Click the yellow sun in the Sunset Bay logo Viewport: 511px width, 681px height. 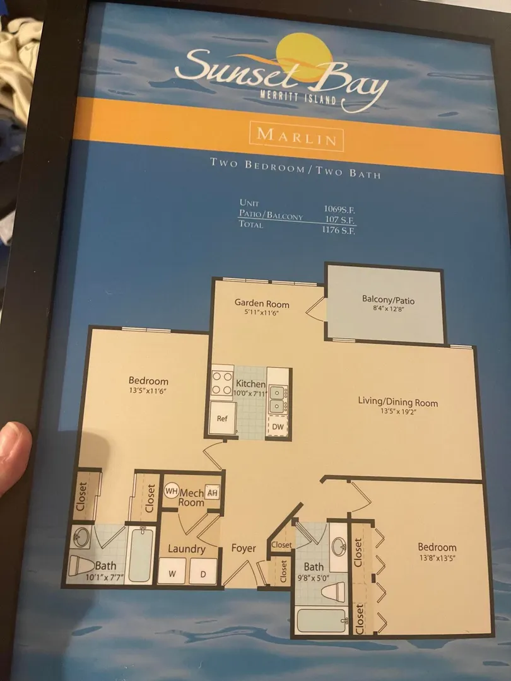(x=304, y=58)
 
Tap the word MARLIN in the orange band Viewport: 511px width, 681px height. (x=297, y=137)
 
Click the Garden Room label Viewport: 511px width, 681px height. (x=262, y=303)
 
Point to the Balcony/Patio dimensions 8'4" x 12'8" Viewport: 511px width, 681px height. (x=385, y=310)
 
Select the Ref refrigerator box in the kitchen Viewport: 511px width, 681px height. (x=223, y=418)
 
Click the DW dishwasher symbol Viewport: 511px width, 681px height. (x=278, y=426)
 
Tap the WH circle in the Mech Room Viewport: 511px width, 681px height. (x=172, y=491)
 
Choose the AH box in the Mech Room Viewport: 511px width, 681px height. (x=212, y=493)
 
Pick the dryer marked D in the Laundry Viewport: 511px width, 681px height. (x=203, y=573)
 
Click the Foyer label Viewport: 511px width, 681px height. (x=244, y=548)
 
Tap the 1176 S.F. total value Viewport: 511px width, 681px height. (x=339, y=230)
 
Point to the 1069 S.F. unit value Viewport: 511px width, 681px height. (x=339, y=209)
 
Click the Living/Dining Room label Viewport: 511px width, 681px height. (x=397, y=402)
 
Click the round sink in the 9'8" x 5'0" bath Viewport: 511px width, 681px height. (x=339, y=547)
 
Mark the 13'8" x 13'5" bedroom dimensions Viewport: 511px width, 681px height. (x=437, y=558)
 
